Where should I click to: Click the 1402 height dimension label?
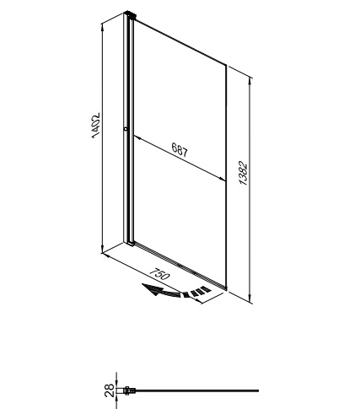pos(96,126)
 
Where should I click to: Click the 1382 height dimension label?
pos(243,173)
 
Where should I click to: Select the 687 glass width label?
pos(180,149)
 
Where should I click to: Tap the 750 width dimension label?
pos(159,274)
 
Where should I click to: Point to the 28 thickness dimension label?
pos(110,390)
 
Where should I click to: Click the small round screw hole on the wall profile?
pos(126,129)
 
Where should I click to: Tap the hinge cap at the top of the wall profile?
pos(131,14)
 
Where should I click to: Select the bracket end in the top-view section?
pos(129,390)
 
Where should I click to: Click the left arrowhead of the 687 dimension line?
pos(137,137)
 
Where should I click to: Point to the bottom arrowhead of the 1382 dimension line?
pos(250,299)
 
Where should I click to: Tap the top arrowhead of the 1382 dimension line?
pos(250,81)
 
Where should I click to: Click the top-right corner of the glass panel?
pos(226,64)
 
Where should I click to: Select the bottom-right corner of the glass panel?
pos(226,289)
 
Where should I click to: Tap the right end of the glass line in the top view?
pos(258,390)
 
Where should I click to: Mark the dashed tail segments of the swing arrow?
pos(197,292)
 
